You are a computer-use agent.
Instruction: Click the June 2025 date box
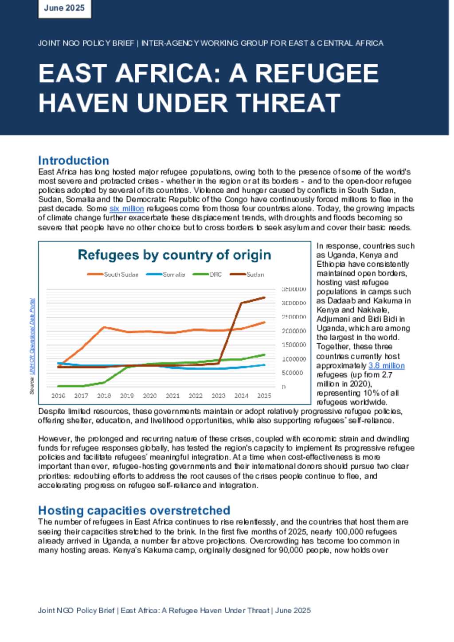[64, 8]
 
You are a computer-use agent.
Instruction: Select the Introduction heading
[74, 160]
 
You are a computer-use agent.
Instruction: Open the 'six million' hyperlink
[127, 209]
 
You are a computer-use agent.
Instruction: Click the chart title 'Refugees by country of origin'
[174, 255]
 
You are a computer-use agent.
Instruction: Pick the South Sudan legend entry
[113, 275]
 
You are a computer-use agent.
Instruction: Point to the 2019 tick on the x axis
[127, 396]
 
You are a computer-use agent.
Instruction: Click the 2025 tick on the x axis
[264, 396]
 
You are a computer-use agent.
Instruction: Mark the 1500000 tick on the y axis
[294, 345]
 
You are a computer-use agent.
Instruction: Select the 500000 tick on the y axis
[293, 373]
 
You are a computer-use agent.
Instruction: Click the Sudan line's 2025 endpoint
[265, 298]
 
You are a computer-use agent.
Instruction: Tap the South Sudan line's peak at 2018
[104, 327]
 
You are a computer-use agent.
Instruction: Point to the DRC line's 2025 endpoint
[265, 354]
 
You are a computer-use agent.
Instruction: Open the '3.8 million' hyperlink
[387, 366]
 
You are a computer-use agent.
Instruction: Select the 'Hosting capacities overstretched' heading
[134, 510]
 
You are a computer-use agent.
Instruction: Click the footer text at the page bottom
[174, 611]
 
